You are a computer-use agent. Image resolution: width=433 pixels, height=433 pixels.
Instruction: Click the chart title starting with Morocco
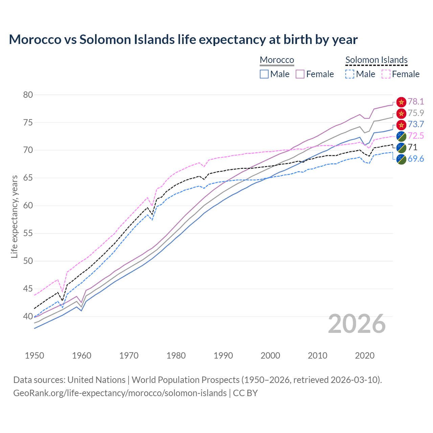183,40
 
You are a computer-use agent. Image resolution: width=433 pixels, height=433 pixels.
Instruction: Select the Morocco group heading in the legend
277,60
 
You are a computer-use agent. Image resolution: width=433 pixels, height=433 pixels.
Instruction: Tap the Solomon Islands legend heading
376,60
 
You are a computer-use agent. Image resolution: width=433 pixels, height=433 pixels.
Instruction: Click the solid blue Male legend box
264,74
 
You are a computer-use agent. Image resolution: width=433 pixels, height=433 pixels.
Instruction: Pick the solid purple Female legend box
300,74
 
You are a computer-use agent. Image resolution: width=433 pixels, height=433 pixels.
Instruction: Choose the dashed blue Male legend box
350,74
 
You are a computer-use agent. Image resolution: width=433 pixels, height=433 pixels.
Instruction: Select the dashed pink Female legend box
386,74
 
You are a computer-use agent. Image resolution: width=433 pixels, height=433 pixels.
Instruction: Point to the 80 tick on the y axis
28,95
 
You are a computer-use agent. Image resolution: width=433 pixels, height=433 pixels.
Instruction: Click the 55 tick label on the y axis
28,233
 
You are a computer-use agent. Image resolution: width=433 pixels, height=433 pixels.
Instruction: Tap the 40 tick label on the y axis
28,317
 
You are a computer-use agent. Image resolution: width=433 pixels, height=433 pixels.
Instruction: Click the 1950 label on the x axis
35,356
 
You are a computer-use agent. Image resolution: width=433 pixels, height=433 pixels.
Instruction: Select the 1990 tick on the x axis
223,356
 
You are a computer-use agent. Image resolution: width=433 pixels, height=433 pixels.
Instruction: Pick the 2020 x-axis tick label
365,356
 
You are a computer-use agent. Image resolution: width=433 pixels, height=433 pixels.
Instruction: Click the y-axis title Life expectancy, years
15,216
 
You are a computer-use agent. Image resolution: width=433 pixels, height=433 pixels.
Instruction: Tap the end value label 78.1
416,102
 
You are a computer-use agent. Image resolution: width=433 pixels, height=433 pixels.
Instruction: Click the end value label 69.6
416,159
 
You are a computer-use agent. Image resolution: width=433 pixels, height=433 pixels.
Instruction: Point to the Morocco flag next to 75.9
401,113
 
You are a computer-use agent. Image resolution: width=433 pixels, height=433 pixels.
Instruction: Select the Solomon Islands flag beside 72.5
401,136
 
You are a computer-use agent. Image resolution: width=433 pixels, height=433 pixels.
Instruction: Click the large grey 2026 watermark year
357,324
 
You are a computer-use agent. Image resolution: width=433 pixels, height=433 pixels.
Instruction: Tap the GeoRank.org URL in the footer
120,393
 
